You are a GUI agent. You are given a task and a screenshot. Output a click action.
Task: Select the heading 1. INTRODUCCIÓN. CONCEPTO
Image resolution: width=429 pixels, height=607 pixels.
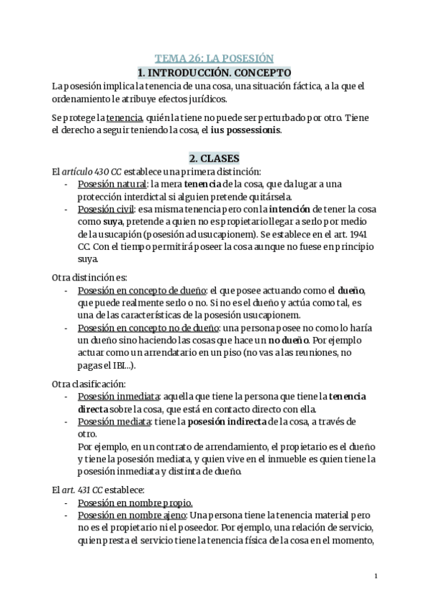click(214, 72)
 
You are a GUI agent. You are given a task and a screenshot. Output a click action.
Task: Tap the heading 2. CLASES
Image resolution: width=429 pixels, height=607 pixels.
click(214, 157)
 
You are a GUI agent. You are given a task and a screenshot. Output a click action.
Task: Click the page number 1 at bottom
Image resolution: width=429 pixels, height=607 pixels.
click(376, 576)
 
